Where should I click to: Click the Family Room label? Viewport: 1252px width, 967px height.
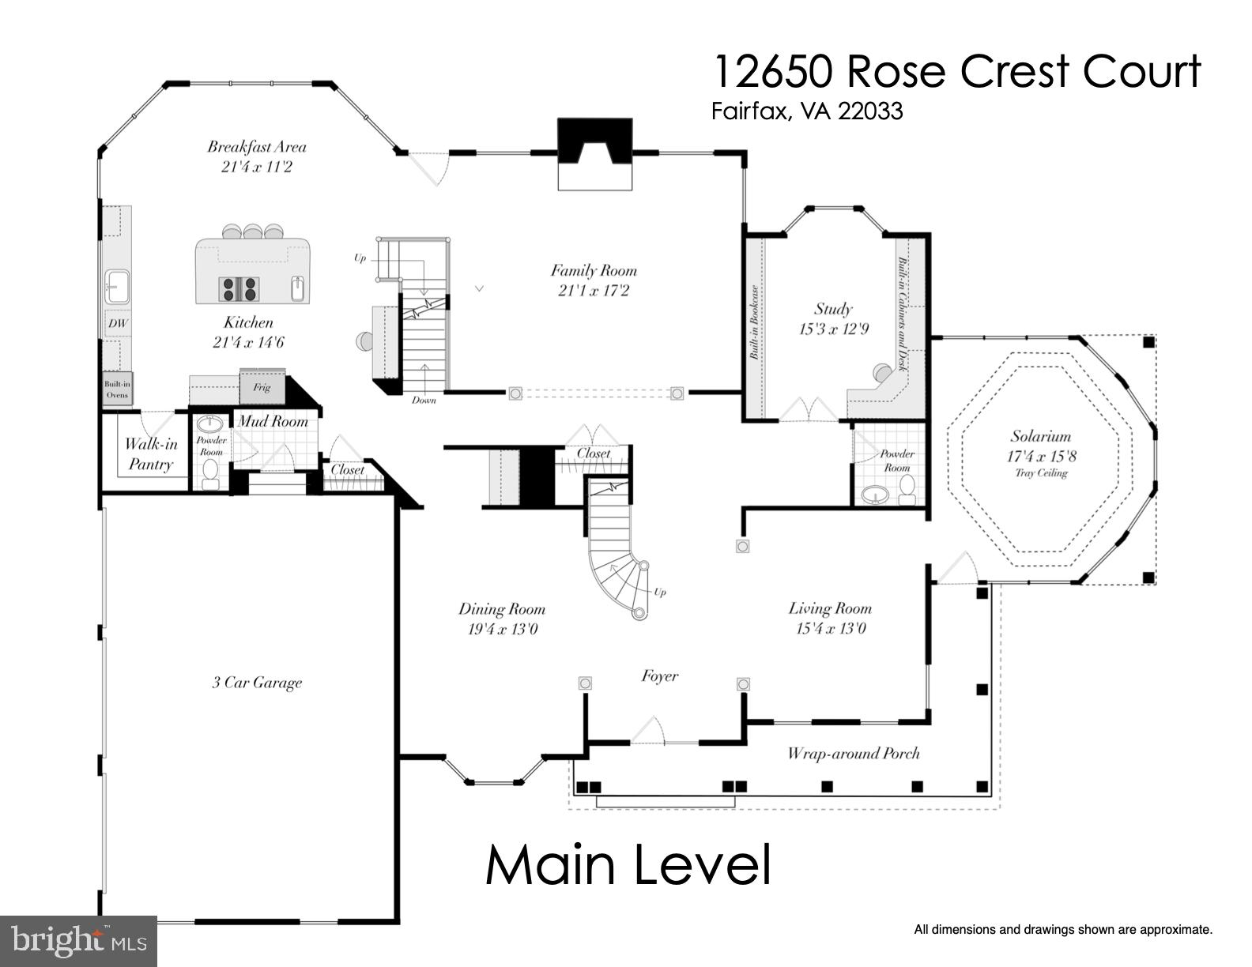tap(593, 270)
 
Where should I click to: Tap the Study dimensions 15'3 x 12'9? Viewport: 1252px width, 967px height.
tap(833, 329)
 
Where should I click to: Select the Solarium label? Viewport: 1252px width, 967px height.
tap(1040, 436)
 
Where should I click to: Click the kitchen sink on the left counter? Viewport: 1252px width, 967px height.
tap(117, 284)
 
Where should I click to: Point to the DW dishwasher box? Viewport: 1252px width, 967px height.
tap(118, 324)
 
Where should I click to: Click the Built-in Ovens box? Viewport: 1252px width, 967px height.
tap(118, 389)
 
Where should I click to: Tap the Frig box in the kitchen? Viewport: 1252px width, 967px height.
tap(262, 387)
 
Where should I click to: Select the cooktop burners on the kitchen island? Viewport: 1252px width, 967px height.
tap(239, 288)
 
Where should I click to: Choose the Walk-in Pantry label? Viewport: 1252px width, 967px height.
tap(150, 454)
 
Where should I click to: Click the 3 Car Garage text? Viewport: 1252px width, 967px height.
tap(257, 683)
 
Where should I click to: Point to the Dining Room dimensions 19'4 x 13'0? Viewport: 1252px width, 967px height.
tap(502, 630)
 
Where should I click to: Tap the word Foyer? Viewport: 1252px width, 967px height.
tap(659, 676)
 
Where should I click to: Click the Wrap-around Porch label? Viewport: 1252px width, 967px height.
tap(853, 753)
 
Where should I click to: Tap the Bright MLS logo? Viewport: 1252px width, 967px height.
tap(78, 942)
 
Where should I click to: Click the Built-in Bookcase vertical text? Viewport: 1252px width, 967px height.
tap(754, 322)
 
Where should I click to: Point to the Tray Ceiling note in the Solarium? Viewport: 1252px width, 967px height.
tap(1040, 473)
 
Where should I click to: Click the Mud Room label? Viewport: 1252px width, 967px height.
tap(273, 421)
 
